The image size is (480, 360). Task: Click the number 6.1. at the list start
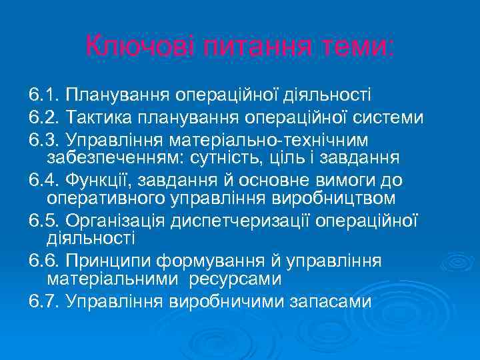pos(45,96)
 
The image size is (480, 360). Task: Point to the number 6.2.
pos(45,118)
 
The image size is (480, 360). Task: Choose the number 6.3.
pos(45,140)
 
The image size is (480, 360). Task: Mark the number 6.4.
pos(45,181)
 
